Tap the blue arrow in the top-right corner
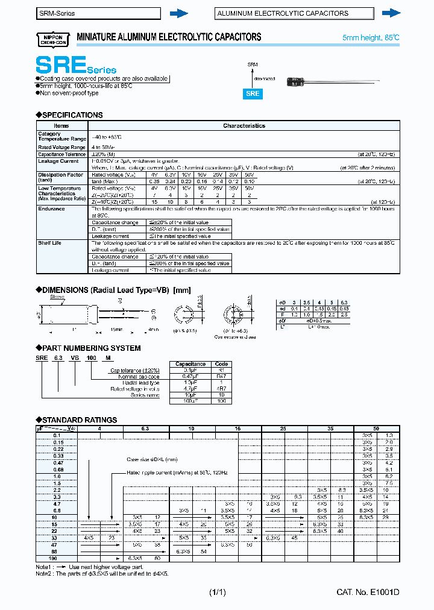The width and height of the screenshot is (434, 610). pos(392,13)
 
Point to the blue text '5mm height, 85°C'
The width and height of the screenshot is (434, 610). pos(371,38)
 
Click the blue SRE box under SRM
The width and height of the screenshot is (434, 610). pos(253,93)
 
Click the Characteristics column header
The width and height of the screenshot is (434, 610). pos(244,126)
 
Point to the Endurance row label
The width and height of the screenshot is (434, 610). pos(51,209)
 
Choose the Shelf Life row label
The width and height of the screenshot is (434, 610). pos(49,243)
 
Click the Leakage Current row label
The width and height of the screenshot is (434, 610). pos(58,161)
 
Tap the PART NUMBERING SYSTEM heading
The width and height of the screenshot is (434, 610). pos(90,348)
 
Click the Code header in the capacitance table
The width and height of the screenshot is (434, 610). pos(221,364)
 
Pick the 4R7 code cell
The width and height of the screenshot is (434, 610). pos(221,389)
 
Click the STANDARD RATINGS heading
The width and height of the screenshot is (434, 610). pos(78,420)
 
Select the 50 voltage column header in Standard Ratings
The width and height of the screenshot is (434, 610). pos(376,429)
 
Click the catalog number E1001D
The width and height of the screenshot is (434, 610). pos(368,593)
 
